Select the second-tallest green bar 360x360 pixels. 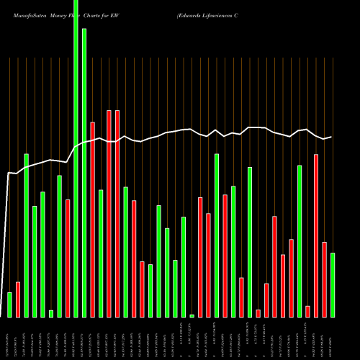(84, 173)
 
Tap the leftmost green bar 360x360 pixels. (9, 305)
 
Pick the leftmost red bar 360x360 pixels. (18, 300)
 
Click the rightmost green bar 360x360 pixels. (333, 284)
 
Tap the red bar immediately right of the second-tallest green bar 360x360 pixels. (93, 220)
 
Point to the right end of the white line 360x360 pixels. (331, 137)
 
